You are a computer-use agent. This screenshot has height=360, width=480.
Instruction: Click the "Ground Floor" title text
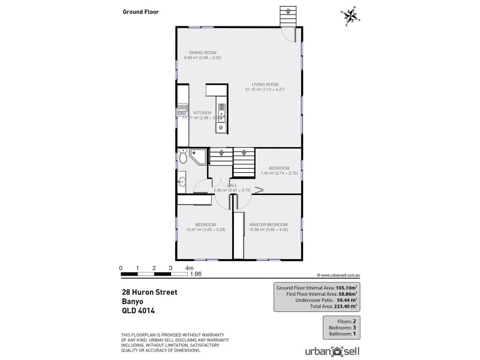(x=140, y=11)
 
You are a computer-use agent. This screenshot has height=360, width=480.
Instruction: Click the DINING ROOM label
(x=203, y=53)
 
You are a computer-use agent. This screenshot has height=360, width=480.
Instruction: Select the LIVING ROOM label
(x=264, y=84)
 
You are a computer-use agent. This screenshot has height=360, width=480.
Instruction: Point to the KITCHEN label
(x=202, y=113)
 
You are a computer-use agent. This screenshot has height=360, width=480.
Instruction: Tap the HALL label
(x=232, y=185)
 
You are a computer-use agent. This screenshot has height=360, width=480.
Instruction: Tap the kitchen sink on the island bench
(x=221, y=112)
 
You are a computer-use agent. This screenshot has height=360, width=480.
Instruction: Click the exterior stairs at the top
(x=288, y=16)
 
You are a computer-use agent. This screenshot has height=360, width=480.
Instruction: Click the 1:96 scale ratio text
(x=196, y=275)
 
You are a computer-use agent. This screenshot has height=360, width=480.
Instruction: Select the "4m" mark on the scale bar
(x=190, y=267)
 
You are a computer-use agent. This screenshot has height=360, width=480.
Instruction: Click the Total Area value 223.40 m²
(x=344, y=306)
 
